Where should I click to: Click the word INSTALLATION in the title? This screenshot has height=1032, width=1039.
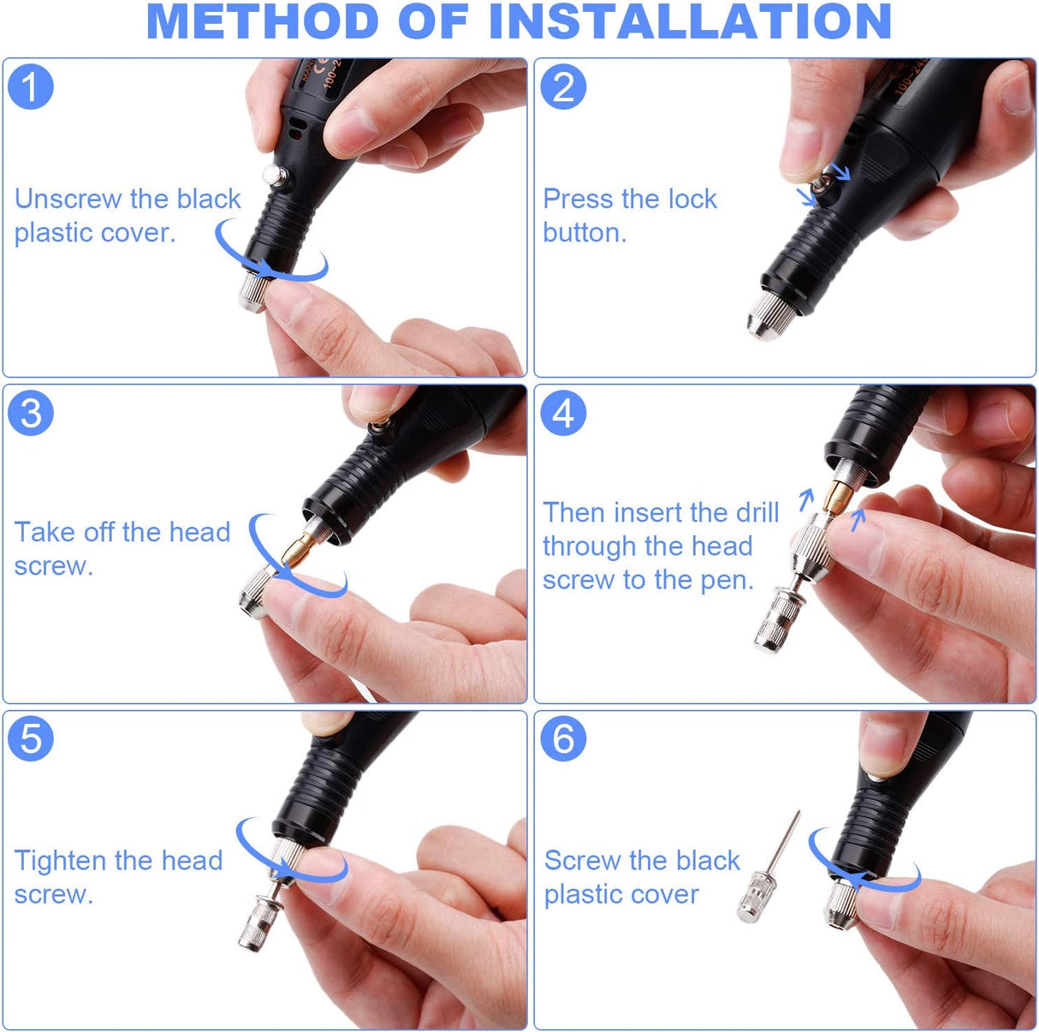pos(690,22)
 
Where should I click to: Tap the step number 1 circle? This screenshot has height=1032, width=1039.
pos(31,87)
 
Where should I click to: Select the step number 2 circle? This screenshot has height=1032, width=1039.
pos(563,87)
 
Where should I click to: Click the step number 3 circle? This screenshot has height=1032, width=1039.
pos(31,414)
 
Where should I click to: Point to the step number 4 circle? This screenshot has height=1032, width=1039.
pos(563,414)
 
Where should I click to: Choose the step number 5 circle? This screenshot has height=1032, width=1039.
pos(31,739)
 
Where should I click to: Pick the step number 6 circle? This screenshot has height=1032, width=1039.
pos(563,739)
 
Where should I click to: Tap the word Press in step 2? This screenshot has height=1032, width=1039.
pos(578,199)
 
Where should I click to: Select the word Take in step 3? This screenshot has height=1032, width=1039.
pos(45,532)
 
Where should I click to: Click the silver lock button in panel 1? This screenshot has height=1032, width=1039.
pos(274,176)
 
